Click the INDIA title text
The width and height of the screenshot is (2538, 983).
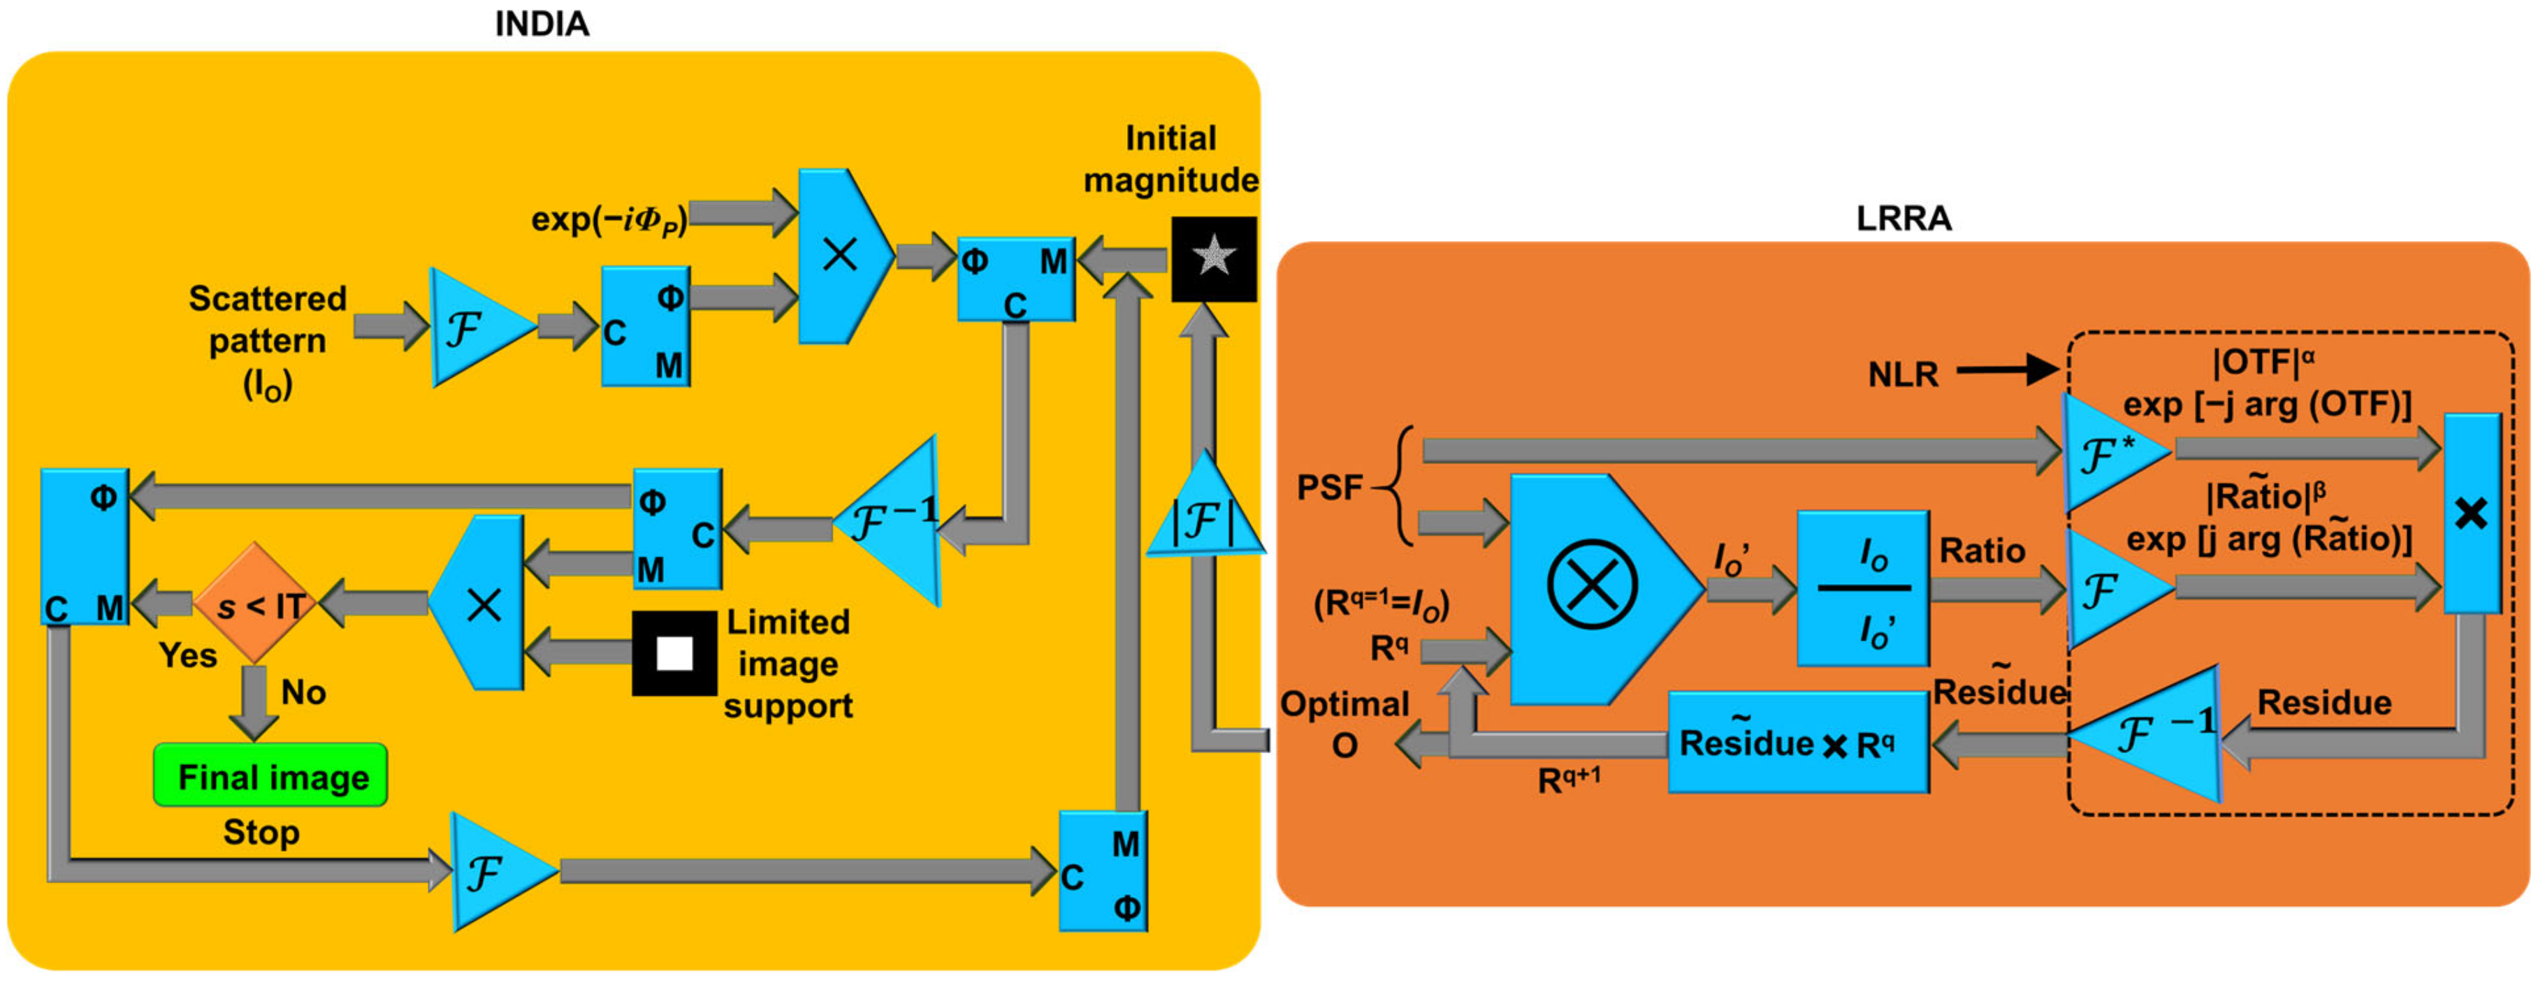click(541, 24)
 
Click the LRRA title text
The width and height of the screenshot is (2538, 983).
click(1903, 218)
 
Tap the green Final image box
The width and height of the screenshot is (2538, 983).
click(271, 776)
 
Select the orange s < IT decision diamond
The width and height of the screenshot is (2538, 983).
click(255, 603)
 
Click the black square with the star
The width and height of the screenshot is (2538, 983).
click(1213, 258)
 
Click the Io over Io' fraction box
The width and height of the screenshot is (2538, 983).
click(1862, 589)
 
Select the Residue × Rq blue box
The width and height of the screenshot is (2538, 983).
click(1798, 743)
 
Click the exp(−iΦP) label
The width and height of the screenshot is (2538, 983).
click(609, 219)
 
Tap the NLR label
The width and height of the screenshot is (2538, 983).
click(1903, 374)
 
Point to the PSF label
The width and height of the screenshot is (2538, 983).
click(1329, 486)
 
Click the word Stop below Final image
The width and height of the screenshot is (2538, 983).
click(261, 832)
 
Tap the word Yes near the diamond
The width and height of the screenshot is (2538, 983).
click(187, 655)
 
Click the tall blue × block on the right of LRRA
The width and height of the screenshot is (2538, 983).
click(2471, 514)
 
